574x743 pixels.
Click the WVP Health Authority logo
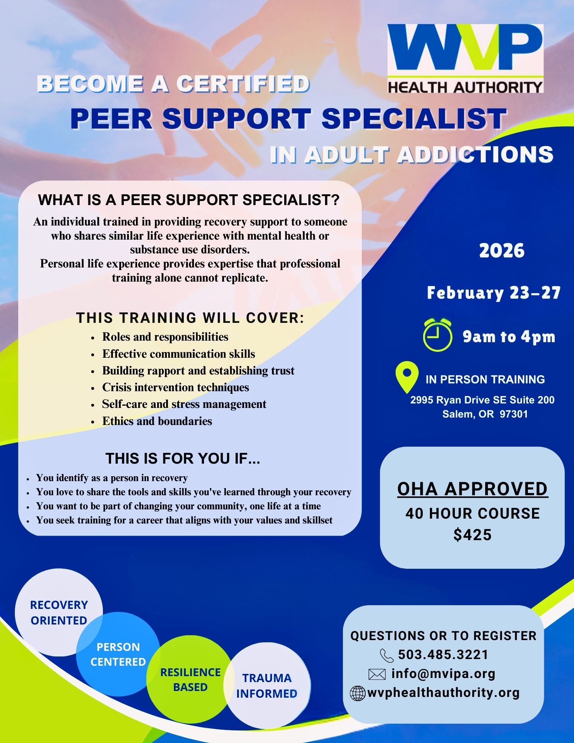click(x=465, y=58)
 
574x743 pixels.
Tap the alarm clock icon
click(x=438, y=335)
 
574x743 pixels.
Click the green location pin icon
click(x=407, y=377)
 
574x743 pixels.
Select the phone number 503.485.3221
click(x=443, y=655)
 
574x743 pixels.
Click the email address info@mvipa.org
click(x=444, y=674)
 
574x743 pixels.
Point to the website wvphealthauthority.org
click(x=444, y=692)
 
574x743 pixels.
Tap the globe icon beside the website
click(x=358, y=693)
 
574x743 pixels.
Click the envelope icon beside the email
click(x=377, y=674)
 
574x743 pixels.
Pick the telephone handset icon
click(x=387, y=655)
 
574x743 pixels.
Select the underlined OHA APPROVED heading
click(x=473, y=489)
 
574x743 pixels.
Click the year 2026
click(x=502, y=251)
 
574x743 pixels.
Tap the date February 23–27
click(x=493, y=293)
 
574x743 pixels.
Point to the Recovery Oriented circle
click(x=59, y=613)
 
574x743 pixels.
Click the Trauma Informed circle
click(x=267, y=686)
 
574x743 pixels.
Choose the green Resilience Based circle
click(x=190, y=679)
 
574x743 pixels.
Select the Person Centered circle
click(x=118, y=655)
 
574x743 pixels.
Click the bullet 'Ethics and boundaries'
click(x=157, y=421)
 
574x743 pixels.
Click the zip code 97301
click(x=514, y=414)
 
